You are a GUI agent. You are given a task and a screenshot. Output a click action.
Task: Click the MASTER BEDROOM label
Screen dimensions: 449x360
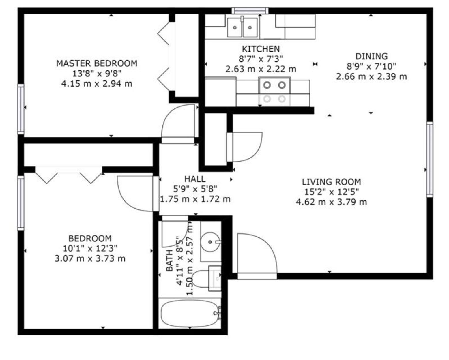coord(97,63)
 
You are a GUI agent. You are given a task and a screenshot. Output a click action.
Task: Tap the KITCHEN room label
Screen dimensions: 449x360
coord(261,49)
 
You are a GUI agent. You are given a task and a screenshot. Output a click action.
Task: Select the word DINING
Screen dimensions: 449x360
coord(371,57)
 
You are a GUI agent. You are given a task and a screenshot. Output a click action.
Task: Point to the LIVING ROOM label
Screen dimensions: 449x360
coord(332,182)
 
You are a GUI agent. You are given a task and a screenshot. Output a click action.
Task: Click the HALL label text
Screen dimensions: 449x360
coord(195,179)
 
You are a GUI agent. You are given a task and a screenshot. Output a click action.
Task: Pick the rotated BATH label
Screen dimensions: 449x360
coord(169,260)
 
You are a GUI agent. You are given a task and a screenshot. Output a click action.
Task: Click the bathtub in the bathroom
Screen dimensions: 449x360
coord(190,314)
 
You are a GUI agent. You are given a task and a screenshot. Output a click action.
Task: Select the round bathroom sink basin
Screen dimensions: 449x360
coord(210,242)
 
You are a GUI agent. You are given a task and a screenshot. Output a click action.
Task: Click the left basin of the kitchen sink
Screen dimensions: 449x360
coord(235,27)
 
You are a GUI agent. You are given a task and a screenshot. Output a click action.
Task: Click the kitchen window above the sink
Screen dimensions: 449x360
coord(250,11)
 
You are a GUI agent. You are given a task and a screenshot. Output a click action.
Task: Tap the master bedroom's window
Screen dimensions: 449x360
coord(21,109)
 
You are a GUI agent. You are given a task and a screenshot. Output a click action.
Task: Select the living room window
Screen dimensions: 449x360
coord(430,159)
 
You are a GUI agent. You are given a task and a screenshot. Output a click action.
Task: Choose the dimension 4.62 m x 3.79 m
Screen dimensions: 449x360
coord(332,202)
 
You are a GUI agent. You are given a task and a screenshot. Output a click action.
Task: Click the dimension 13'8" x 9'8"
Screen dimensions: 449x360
coord(97,74)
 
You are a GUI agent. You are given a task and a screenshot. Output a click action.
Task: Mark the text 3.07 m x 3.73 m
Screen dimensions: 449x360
coord(90,259)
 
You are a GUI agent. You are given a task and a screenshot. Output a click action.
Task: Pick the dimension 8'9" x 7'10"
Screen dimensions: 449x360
coord(371,67)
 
